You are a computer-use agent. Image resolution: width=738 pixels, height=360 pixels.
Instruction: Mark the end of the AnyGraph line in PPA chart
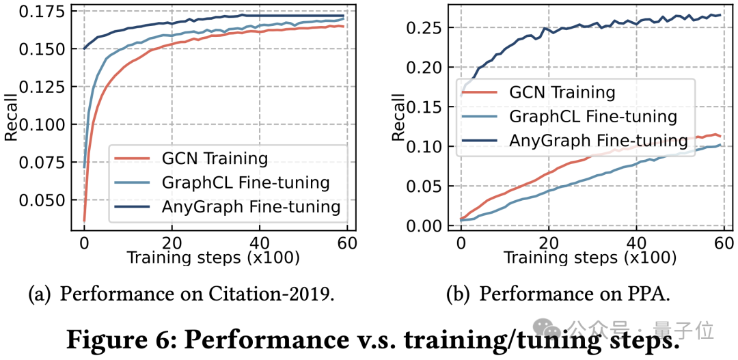click(721, 14)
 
